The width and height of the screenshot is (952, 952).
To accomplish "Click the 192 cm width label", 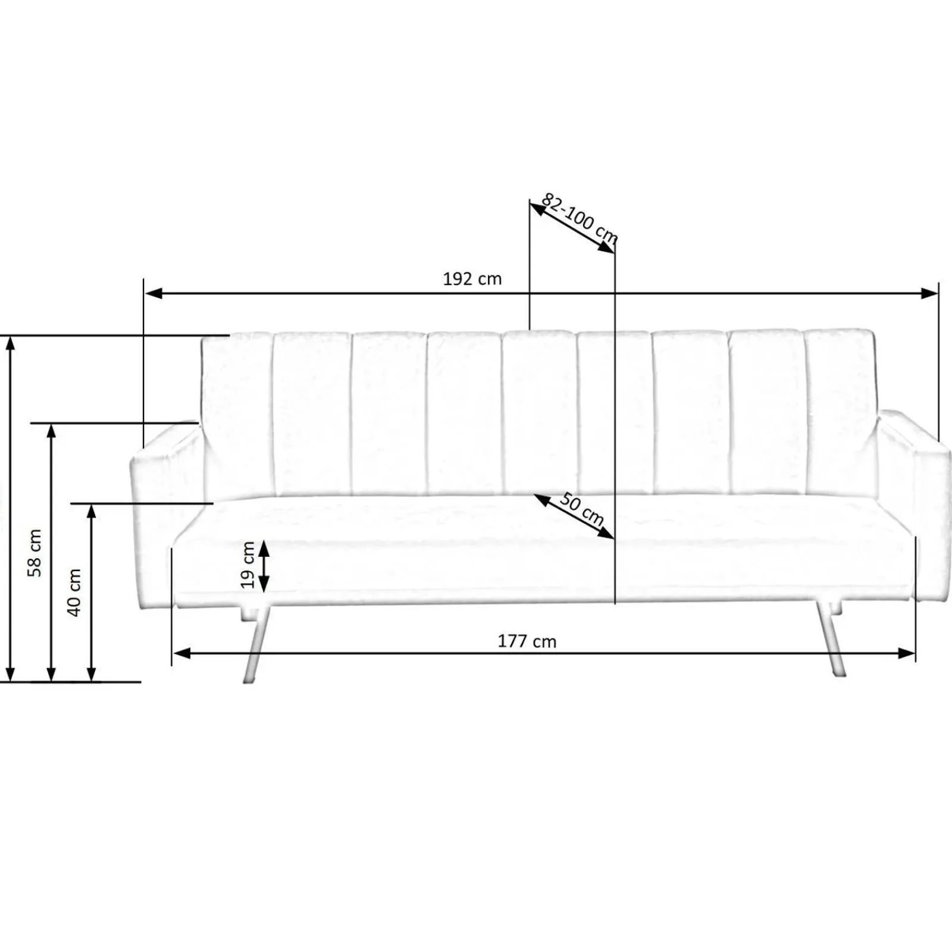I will [472, 279].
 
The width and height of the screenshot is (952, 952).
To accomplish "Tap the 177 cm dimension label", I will [527, 641].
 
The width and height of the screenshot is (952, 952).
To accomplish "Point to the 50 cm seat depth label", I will [581, 511].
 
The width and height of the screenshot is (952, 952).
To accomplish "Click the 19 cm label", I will [248, 565].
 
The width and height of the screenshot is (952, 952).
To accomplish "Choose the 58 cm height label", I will [36, 553].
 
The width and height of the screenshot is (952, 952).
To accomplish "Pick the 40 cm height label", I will [74, 592].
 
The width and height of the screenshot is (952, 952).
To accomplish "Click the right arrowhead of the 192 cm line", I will [929, 293].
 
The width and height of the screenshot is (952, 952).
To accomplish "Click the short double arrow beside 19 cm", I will [262, 566].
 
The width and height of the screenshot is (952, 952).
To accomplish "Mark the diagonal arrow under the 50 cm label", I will [574, 516].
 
